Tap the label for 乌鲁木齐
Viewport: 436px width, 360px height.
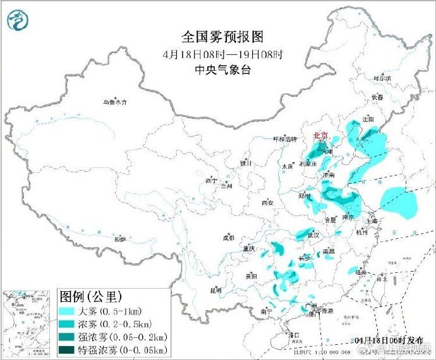click(x=115, y=101)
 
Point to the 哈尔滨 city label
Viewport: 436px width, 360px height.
click(x=382, y=78)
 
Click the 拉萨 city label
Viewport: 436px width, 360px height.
click(x=120, y=240)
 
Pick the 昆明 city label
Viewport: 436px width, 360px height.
click(x=215, y=291)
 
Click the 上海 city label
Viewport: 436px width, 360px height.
click(x=371, y=222)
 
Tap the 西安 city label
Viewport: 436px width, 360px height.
click(x=268, y=203)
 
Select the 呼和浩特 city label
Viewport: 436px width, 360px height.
click(x=284, y=139)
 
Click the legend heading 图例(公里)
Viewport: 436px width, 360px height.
click(x=90, y=296)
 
